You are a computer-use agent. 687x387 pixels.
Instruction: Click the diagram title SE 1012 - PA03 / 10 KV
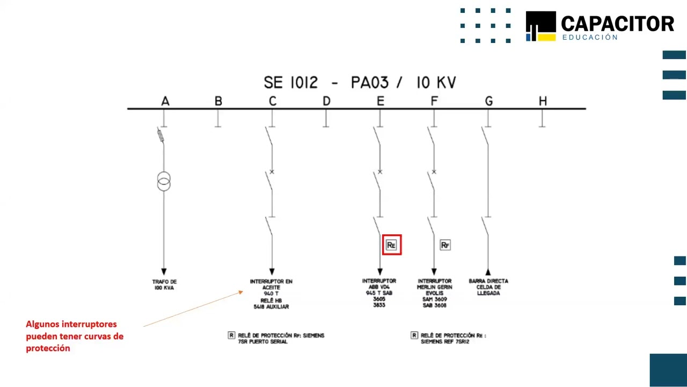360,83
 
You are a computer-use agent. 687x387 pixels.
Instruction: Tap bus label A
165,101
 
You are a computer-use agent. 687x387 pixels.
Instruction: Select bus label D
326,101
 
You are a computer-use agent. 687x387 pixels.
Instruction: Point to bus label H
543,101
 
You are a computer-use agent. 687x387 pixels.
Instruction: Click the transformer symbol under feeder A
164,181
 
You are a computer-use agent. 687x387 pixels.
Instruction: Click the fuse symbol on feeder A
160,135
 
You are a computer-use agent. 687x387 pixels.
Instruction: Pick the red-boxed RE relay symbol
391,245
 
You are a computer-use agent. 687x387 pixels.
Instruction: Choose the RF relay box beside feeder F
445,245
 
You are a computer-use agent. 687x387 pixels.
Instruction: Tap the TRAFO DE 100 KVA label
164,285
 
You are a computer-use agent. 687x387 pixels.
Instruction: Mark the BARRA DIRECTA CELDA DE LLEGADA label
488,287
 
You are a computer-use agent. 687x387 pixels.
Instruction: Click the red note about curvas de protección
75,336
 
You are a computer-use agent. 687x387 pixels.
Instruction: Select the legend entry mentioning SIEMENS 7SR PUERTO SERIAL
276,338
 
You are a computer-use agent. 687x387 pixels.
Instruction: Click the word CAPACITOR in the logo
617,24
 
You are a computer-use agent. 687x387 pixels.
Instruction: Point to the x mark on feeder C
272,172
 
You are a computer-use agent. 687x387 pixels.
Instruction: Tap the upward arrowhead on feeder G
488,272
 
